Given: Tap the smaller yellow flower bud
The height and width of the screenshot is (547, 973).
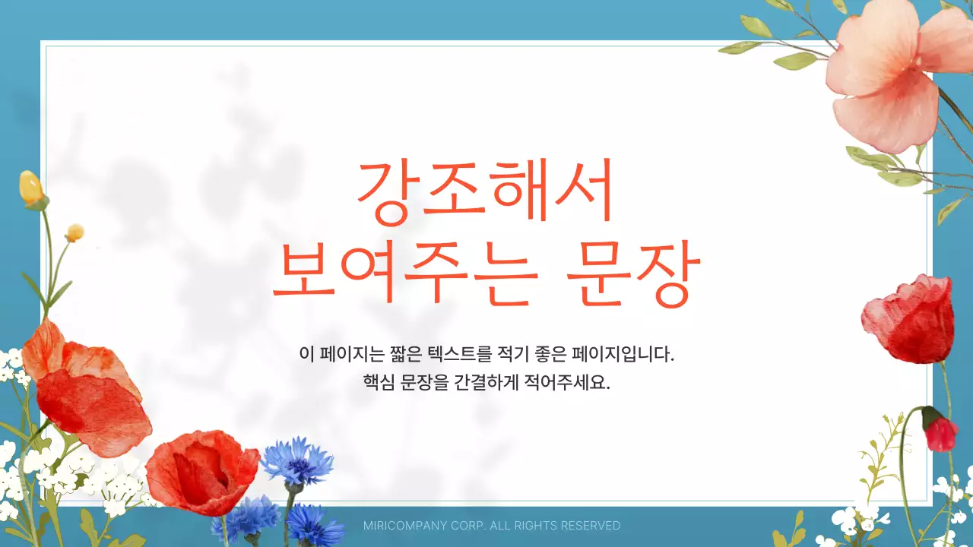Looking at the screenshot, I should pos(74,232).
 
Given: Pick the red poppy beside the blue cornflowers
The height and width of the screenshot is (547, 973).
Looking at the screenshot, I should pos(201,471).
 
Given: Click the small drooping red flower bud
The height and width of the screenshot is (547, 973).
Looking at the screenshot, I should pos(940,433).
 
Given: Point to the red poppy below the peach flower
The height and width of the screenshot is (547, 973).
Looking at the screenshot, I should pos(909,319).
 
